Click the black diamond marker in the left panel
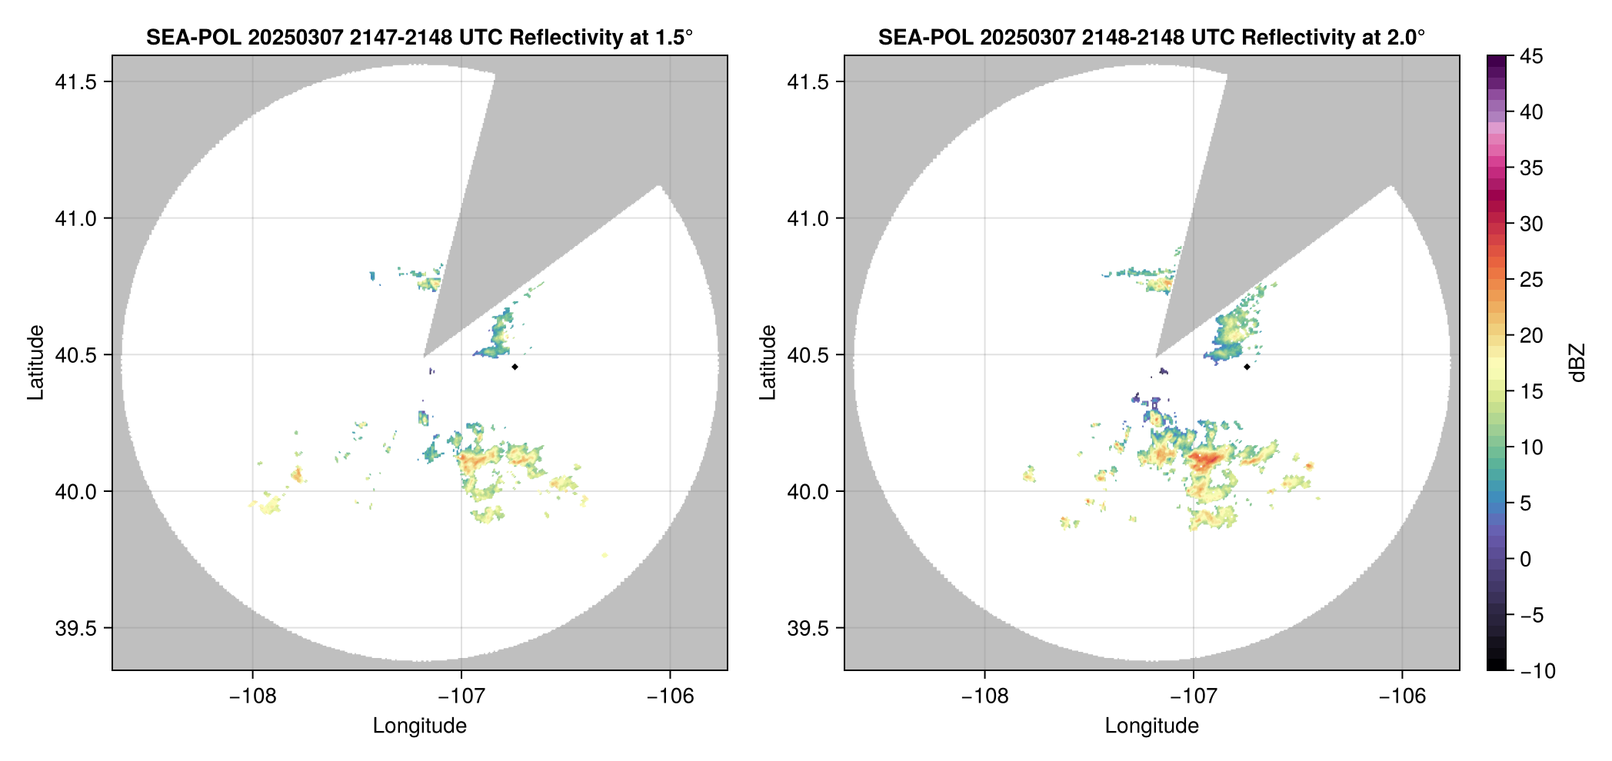(x=515, y=367)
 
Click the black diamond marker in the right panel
(x=1247, y=367)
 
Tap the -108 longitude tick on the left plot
(x=252, y=696)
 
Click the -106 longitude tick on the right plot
(x=1402, y=696)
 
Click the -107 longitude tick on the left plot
(x=461, y=696)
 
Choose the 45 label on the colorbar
(x=1531, y=56)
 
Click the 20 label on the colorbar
(x=1531, y=336)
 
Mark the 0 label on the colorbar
(x=1526, y=560)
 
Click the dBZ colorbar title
(x=1577, y=363)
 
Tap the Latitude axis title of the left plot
(x=35, y=363)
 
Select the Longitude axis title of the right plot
(x=1151, y=726)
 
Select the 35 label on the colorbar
(x=1531, y=168)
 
